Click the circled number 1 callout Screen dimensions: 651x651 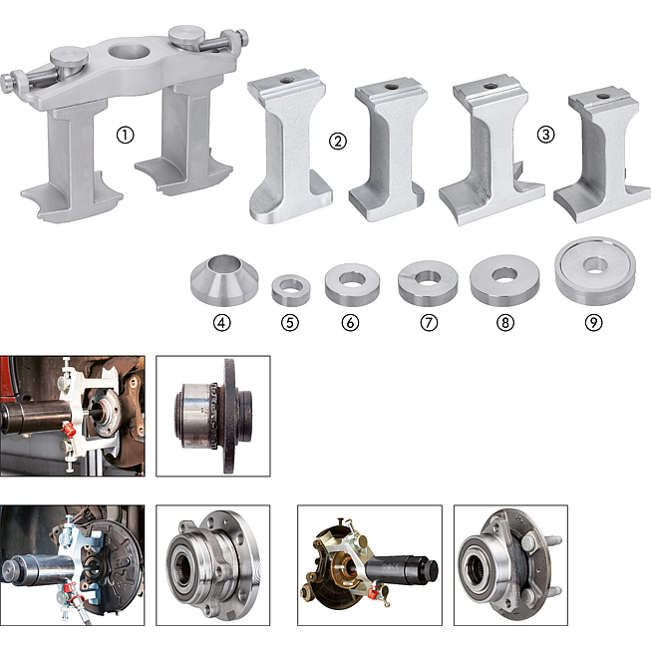pyautogui.click(x=125, y=136)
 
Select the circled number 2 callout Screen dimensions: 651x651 pyautogui.click(x=338, y=142)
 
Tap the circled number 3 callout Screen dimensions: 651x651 pyautogui.click(x=545, y=135)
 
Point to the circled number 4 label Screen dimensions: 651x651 pyautogui.click(x=222, y=323)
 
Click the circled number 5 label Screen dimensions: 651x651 pyautogui.click(x=290, y=323)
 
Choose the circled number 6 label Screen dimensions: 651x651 pyautogui.click(x=350, y=323)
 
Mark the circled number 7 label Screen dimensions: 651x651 pyautogui.click(x=429, y=323)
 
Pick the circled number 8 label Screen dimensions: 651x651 pyautogui.click(x=505, y=323)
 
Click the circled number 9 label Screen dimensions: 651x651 pyautogui.click(x=594, y=323)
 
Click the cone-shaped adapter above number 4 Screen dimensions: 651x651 pyautogui.click(x=224, y=283)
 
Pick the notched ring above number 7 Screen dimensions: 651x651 pyautogui.click(x=428, y=290)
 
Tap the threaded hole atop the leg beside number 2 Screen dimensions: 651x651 pyautogui.click(x=285, y=80)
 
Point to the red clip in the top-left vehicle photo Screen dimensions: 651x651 pyautogui.click(x=69, y=429)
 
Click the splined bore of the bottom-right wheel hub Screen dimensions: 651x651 pyautogui.click(x=476, y=566)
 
